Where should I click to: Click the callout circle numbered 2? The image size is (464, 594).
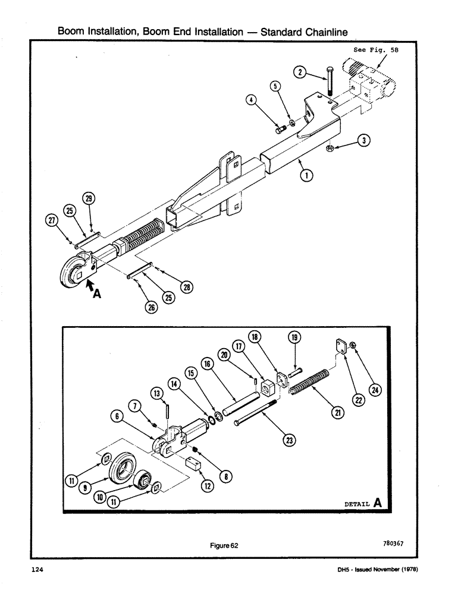click(301, 72)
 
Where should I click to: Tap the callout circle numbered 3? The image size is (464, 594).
click(364, 140)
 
